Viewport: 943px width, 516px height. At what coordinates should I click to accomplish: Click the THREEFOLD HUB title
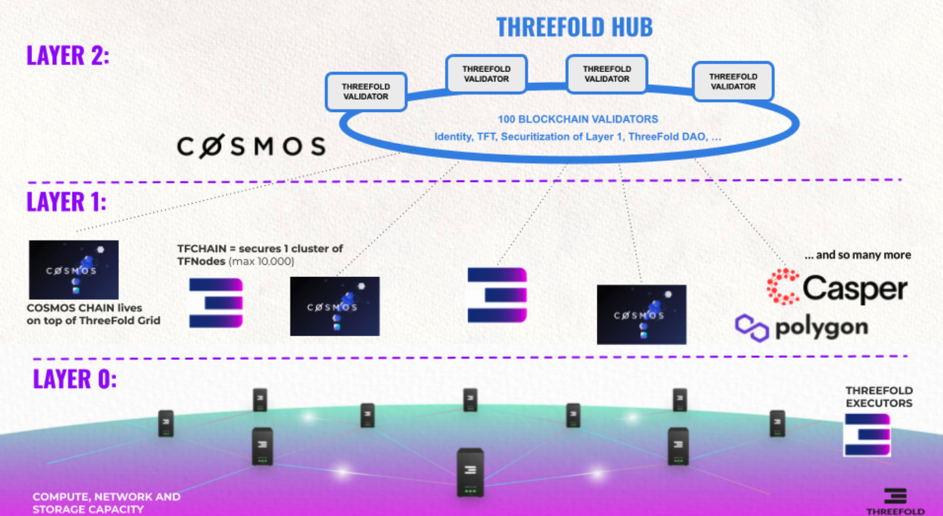click(574, 26)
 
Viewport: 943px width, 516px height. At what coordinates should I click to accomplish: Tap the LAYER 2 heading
click(68, 55)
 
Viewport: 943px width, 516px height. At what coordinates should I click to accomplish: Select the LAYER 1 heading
click(66, 202)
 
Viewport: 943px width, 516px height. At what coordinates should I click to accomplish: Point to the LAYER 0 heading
click(75, 379)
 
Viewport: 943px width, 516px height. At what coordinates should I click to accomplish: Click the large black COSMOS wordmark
click(251, 146)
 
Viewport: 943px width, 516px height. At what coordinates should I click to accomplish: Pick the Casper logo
click(836, 287)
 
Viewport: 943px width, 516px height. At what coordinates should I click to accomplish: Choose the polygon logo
click(801, 327)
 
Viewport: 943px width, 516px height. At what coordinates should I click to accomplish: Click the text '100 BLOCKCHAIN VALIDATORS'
click(578, 119)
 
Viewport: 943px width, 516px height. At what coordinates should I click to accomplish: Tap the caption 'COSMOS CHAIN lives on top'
click(94, 314)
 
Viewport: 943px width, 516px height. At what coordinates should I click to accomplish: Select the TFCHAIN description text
click(260, 255)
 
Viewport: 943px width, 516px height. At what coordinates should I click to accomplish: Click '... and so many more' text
click(857, 255)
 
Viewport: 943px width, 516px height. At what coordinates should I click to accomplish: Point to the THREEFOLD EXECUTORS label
click(879, 397)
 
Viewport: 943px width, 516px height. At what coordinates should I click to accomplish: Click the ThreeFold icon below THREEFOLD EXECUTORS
click(867, 435)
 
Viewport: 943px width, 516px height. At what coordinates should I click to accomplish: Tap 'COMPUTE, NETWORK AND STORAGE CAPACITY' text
click(107, 502)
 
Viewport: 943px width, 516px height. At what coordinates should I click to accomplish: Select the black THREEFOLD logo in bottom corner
click(895, 501)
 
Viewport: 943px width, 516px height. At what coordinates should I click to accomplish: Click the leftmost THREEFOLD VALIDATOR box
click(366, 92)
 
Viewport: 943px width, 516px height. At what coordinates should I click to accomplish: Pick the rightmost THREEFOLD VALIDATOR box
click(733, 81)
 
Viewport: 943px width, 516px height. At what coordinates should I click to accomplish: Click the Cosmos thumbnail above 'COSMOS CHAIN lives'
click(74, 270)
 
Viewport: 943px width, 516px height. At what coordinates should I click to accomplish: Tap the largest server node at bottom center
click(470, 472)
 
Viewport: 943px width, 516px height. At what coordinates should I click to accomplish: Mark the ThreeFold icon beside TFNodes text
click(216, 303)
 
